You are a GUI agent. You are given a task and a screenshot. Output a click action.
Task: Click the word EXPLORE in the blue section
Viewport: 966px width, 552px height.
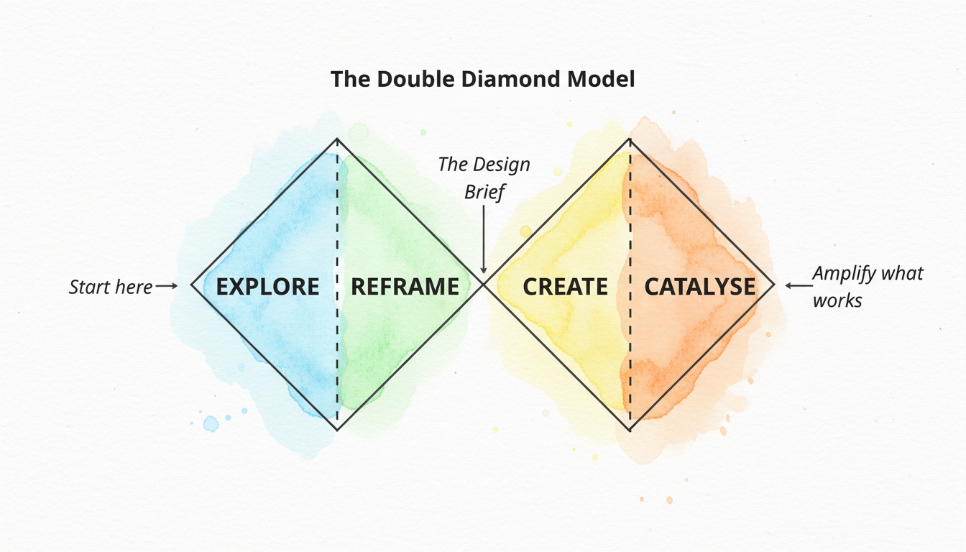click(x=267, y=287)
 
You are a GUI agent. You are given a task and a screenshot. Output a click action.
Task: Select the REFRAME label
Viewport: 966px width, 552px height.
click(x=405, y=287)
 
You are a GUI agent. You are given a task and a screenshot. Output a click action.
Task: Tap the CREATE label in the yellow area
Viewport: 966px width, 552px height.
click(x=565, y=287)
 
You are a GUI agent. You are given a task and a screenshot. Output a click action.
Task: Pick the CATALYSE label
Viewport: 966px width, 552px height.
click(x=699, y=287)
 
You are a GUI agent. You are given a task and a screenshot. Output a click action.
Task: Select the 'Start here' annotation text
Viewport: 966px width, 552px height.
click(x=111, y=287)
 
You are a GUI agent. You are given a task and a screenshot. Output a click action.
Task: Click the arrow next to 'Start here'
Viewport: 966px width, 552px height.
click(x=166, y=286)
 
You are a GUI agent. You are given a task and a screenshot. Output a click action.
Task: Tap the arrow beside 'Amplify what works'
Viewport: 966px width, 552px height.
click(x=796, y=285)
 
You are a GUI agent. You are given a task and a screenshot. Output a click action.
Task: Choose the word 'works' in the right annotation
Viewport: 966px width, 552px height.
click(x=837, y=300)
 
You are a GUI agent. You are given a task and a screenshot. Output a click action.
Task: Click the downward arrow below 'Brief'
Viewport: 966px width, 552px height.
click(x=484, y=237)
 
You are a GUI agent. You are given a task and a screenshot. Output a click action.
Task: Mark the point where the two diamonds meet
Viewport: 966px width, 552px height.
click(x=484, y=285)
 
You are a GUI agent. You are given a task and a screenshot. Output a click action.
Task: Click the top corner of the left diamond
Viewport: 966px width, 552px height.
click(x=337, y=139)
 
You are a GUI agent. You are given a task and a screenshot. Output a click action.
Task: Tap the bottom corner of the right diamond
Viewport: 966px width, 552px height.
click(x=630, y=431)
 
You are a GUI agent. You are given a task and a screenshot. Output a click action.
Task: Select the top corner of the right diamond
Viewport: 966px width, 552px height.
click(x=630, y=139)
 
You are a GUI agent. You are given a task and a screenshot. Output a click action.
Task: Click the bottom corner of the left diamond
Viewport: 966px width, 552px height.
click(x=337, y=431)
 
